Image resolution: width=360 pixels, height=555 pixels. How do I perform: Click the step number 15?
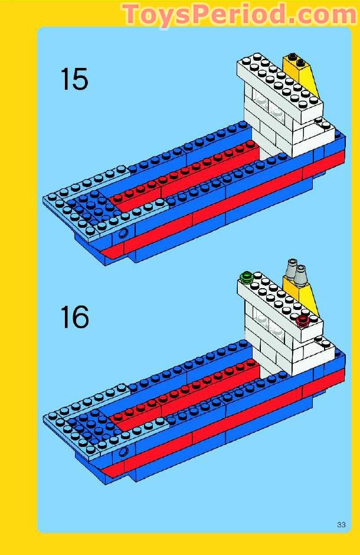(x=74, y=80)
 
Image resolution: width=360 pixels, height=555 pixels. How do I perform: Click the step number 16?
(x=74, y=318)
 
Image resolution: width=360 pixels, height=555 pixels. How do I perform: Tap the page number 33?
(x=341, y=525)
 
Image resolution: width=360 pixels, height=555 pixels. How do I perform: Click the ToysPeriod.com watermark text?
(x=239, y=14)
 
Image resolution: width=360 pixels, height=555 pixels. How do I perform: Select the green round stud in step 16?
(x=247, y=276)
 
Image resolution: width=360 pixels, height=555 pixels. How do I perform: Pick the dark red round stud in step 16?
(x=303, y=320)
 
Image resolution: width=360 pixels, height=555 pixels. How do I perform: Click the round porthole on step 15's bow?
(x=123, y=234)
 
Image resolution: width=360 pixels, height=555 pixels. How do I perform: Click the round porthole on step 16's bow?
(x=123, y=452)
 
